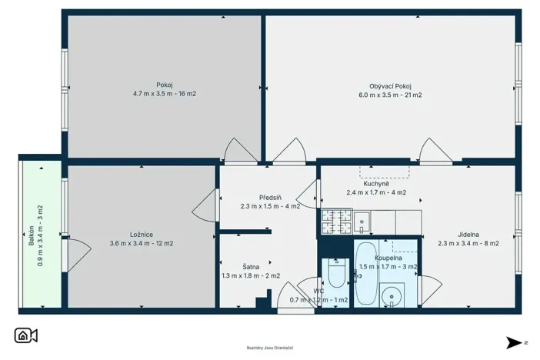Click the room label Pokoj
point(164,85)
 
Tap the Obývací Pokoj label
point(390,85)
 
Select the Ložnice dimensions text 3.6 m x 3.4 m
point(142,244)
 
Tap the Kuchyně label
point(376,184)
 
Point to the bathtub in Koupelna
point(365,275)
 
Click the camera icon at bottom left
point(26,335)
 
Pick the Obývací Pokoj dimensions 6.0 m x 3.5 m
point(390,95)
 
